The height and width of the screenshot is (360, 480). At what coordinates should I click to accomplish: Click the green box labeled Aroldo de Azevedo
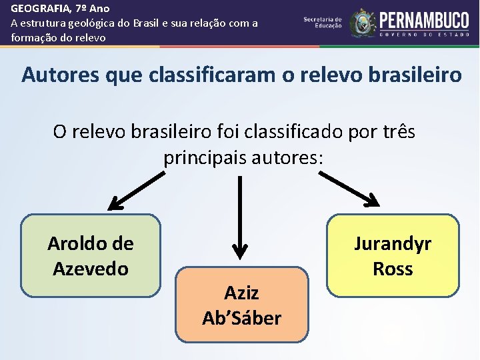(91, 255)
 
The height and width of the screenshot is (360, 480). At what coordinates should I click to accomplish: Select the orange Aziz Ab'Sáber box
(242, 305)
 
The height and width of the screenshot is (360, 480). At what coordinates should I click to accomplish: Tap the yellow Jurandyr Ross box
(393, 255)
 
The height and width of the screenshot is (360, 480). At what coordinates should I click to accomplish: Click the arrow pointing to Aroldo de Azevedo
(136, 189)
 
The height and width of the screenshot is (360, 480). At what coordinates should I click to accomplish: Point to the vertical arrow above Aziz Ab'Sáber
(239, 220)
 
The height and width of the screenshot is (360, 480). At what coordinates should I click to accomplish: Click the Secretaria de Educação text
(323, 22)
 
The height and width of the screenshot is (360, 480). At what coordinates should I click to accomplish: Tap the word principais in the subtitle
(205, 158)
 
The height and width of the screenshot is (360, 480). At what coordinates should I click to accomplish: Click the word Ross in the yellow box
(393, 269)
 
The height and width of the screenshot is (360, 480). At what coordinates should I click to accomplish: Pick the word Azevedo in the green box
(91, 269)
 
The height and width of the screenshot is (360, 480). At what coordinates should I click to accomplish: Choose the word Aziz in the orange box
(241, 293)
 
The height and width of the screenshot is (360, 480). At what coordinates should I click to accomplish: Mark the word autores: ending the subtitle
(289, 158)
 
